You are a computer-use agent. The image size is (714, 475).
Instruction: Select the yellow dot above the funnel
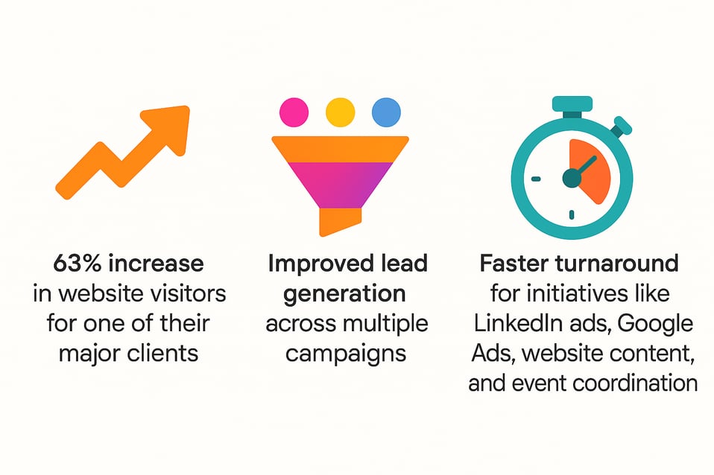click(x=339, y=112)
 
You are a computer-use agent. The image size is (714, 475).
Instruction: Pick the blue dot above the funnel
click(x=386, y=112)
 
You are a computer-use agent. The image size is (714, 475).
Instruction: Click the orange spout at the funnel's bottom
click(x=339, y=220)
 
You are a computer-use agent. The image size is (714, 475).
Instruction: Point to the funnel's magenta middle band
click(x=339, y=183)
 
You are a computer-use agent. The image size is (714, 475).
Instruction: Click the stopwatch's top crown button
click(x=572, y=106)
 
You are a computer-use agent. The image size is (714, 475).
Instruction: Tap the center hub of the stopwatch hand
click(x=572, y=177)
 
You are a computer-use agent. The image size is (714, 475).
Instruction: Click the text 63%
click(x=78, y=264)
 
